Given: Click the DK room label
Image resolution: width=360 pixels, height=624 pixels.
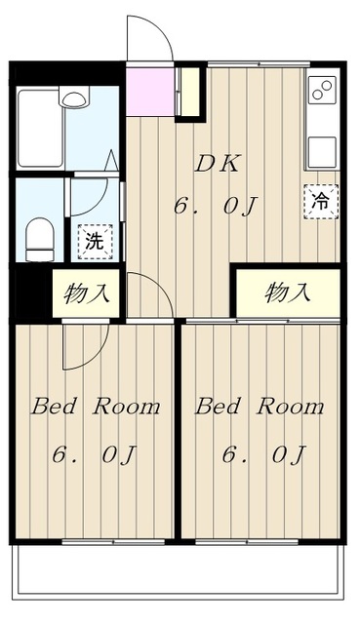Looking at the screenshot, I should [x=216, y=165].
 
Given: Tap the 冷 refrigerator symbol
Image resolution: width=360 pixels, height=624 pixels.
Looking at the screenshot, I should [x=320, y=201].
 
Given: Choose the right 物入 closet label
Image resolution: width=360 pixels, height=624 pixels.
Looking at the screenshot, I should [x=288, y=291].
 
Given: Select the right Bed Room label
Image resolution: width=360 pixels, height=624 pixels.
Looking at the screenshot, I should [x=260, y=407].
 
